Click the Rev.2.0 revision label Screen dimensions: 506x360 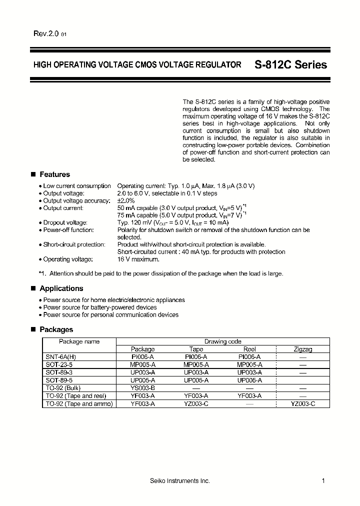click(46, 34)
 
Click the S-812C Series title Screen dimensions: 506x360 click(290, 65)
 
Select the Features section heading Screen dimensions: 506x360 click(54, 174)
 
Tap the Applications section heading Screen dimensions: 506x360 click(61, 288)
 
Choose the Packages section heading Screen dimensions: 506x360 click(56, 329)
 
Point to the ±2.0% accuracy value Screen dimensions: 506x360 click(126, 200)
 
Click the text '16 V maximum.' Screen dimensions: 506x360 click(138, 259)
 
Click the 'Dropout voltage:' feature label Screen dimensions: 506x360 click(65, 222)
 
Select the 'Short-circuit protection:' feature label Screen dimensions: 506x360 click(74, 244)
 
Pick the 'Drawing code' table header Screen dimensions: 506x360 click(222, 341)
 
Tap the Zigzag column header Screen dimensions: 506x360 click(302, 349)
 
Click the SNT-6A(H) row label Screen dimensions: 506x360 click(61, 356)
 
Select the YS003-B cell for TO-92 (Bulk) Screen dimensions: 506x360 click(142, 388)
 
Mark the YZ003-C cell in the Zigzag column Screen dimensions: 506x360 click(302, 403)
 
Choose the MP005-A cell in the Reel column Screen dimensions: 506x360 click(249, 364)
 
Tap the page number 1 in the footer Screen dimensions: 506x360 click(323, 481)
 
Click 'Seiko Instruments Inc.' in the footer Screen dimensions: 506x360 click(180, 481)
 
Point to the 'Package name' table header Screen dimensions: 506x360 click(79, 341)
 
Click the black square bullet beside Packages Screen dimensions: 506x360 click(33, 329)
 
